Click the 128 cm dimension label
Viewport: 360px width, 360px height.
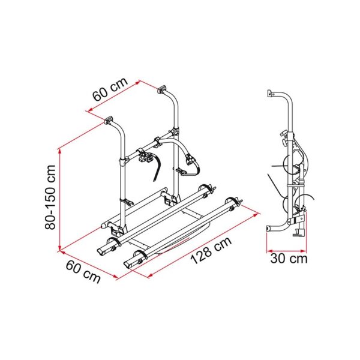click(211, 251)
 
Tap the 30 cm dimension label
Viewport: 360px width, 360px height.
click(289, 258)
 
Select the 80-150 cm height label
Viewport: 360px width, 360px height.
click(50, 197)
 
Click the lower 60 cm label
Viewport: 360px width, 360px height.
click(83, 272)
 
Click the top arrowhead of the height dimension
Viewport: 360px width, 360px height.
click(60, 152)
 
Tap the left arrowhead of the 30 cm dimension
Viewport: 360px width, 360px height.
click(269, 251)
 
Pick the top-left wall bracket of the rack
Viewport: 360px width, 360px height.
click(109, 120)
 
